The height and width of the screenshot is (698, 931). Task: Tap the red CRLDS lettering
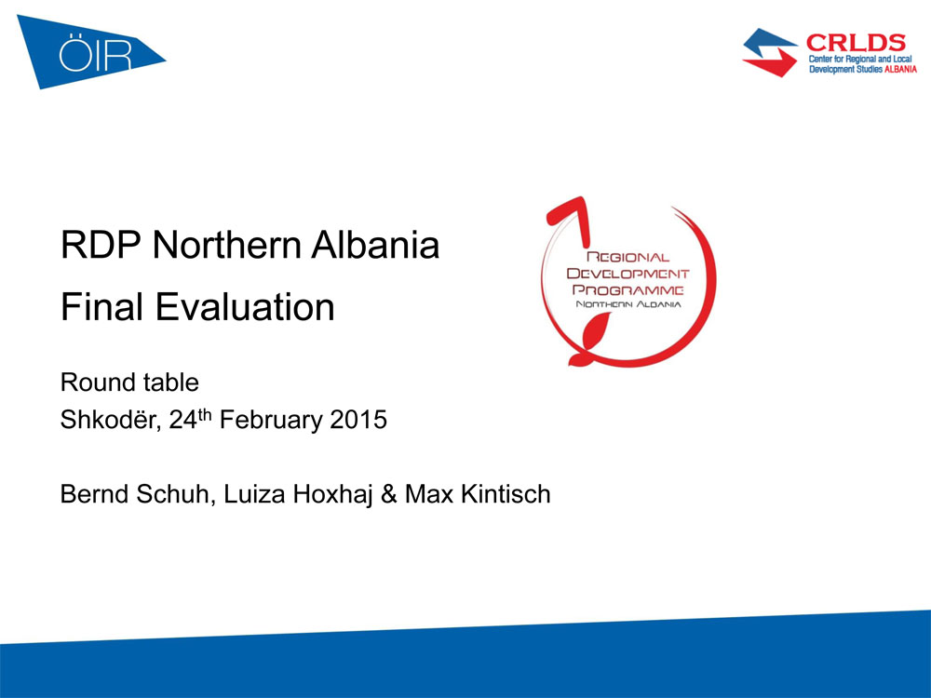pos(856,43)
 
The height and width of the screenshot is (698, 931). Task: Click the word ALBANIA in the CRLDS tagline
pos(900,70)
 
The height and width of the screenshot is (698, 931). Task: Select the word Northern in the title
pos(227,245)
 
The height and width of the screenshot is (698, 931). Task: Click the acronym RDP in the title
pos(101,245)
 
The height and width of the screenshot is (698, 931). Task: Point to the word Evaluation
pos(245,307)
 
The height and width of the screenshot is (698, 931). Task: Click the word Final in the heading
pos(101,307)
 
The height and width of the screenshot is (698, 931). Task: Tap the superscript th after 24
pos(204,414)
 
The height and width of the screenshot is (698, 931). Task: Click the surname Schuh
pos(176,494)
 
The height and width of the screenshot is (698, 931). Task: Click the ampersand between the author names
pos(389,494)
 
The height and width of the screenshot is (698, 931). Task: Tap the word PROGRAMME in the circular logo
pos(627,289)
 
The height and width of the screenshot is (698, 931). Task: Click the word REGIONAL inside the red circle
pos(627,257)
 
